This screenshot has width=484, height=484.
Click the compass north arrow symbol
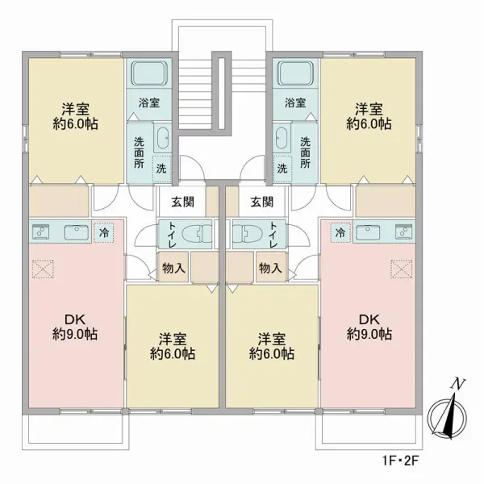[447, 414]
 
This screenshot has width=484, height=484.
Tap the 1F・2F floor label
[400, 461]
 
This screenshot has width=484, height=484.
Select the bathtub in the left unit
[149, 73]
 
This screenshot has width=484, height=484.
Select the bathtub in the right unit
[295, 73]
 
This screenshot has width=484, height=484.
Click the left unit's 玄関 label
[183, 202]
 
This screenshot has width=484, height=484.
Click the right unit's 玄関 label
[261, 202]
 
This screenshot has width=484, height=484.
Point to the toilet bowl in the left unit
[197, 234]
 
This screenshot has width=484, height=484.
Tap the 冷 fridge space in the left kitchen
[104, 232]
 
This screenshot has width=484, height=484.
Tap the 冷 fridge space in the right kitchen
[340, 232]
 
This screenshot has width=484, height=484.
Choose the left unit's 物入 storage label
[173, 269]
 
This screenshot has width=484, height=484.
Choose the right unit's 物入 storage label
[270, 269]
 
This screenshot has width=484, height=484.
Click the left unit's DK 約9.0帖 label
[75, 327]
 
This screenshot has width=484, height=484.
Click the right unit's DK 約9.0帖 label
[369, 327]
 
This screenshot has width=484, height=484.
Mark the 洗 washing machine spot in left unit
[161, 169]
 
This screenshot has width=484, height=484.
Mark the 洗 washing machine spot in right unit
[282, 169]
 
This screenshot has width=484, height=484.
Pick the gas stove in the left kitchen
[41, 232]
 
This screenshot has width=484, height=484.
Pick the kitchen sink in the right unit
[368, 232]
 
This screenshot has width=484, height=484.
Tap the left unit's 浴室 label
[149, 102]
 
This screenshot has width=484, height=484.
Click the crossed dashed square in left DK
[43, 269]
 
